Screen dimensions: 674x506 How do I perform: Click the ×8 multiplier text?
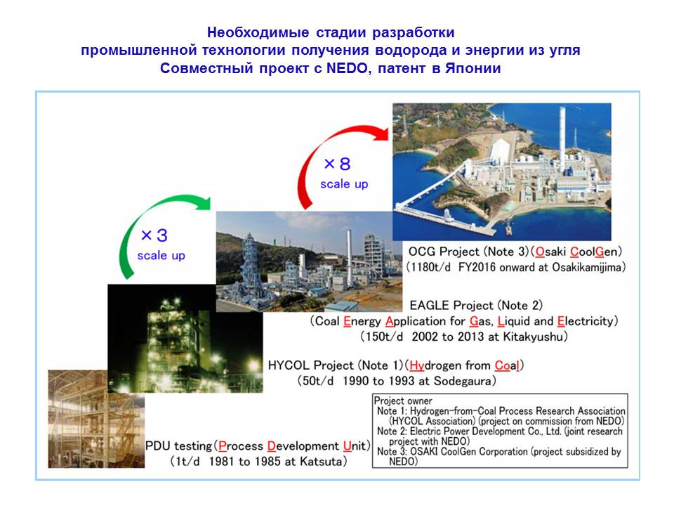[x=338, y=164]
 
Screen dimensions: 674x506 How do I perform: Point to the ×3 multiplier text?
[x=154, y=235]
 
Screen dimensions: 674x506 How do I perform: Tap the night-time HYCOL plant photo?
[x=185, y=338]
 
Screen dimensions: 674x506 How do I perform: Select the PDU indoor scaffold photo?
[x=96, y=419]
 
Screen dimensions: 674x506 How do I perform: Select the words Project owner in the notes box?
[x=403, y=401]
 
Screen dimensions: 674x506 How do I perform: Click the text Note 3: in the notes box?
[x=392, y=452]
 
